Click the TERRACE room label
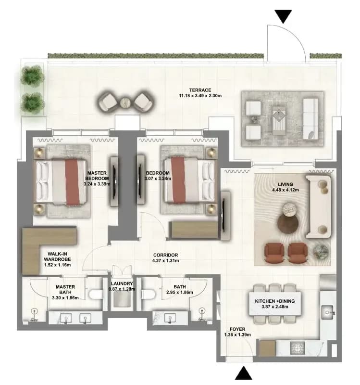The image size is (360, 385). tap(200, 90)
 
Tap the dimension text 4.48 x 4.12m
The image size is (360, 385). tap(286, 190)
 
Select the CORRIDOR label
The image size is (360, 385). tap(165, 255)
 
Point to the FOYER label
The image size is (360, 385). tap(237, 329)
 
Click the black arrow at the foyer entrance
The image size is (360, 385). tap(244, 373)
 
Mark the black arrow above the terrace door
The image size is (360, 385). tap(283, 17)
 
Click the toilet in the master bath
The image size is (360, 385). tap(96, 295)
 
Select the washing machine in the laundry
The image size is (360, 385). tap(122, 299)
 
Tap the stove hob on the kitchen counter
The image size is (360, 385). tap(298, 348)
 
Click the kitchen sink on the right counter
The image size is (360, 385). tap(327, 312)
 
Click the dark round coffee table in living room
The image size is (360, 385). tap(288, 224)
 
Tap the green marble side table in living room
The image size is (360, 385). tap(321, 252)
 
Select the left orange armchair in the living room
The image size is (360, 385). tap(274, 253)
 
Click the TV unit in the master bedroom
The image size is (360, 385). tap(114, 181)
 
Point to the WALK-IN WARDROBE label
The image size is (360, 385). tap(57, 257)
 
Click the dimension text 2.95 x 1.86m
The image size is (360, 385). tap(179, 292)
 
